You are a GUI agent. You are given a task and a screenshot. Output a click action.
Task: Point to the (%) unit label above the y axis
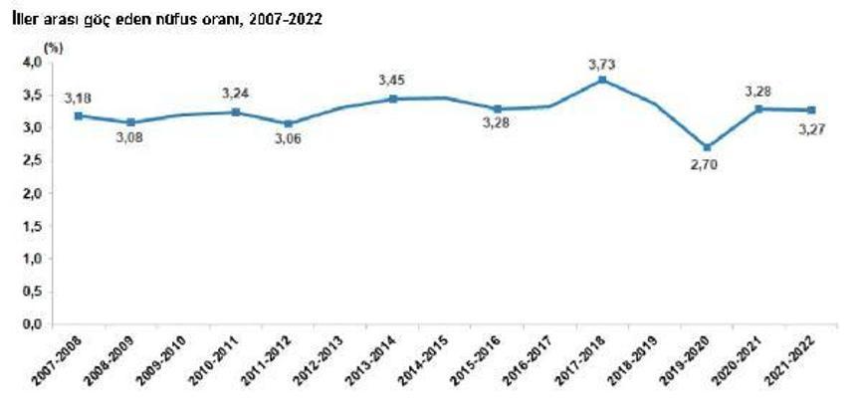tap(52, 46)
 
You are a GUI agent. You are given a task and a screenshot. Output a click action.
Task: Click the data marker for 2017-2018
tap(601, 80)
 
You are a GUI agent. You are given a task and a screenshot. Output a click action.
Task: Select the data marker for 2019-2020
tap(707, 147)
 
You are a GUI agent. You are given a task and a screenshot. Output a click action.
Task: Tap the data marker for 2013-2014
tap(392, 99)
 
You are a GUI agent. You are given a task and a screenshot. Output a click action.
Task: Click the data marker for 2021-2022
tap(812, 110)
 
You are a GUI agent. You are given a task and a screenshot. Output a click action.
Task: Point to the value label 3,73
tap(602, 64)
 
